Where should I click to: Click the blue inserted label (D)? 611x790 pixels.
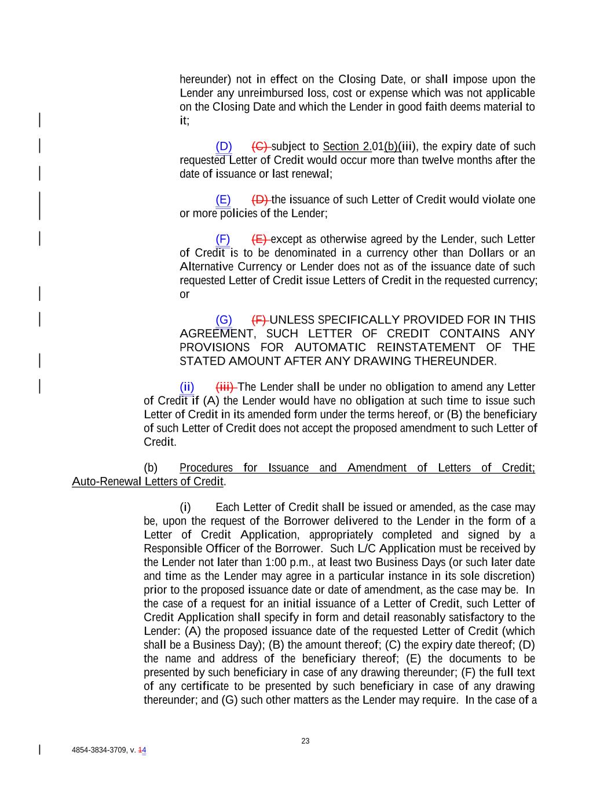(224, 146)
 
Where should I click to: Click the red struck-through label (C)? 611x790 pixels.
(260, 146)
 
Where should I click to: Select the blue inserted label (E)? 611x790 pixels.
(223, 200)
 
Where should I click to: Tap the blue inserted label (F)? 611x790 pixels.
(222, 240)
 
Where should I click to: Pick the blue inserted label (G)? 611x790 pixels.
(224, 320)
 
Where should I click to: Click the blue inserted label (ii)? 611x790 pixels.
(186, 387)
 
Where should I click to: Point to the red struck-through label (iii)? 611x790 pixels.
(225, 387)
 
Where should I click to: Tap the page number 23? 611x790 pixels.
(305, 741)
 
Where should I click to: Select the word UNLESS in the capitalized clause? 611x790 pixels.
(292, 320)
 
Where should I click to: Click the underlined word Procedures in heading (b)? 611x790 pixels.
(206, 468)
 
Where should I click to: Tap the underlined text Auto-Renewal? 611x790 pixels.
(107, 482)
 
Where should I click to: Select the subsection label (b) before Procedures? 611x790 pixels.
(151, 468)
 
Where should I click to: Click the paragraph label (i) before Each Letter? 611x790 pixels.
(185, 508)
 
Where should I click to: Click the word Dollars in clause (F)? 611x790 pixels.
(486, 253)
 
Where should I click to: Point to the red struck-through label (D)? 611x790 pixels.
(260, 200)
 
